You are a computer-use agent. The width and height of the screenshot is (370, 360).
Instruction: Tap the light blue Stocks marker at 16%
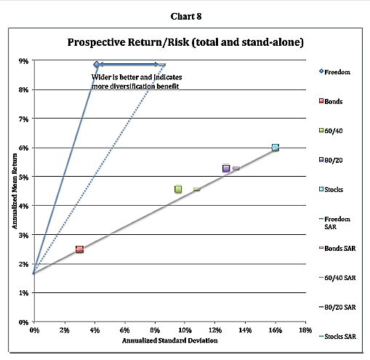click(275, 148)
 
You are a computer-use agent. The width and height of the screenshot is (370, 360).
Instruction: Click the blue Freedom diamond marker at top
click(96, 65)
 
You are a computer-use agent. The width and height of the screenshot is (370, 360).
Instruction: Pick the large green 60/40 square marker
click(178, 189)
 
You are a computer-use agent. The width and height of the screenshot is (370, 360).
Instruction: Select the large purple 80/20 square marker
click(226, 168)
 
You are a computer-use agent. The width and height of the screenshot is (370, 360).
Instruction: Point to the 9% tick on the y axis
click(23, 61)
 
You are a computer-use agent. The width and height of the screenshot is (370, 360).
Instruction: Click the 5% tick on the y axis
click(23, 177)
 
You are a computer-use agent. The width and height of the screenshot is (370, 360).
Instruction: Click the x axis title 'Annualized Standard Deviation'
click(169, 340)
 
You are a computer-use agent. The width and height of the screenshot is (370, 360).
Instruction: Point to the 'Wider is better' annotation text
click(135, 81)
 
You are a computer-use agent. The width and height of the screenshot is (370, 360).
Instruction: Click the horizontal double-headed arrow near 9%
click(131, 65)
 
